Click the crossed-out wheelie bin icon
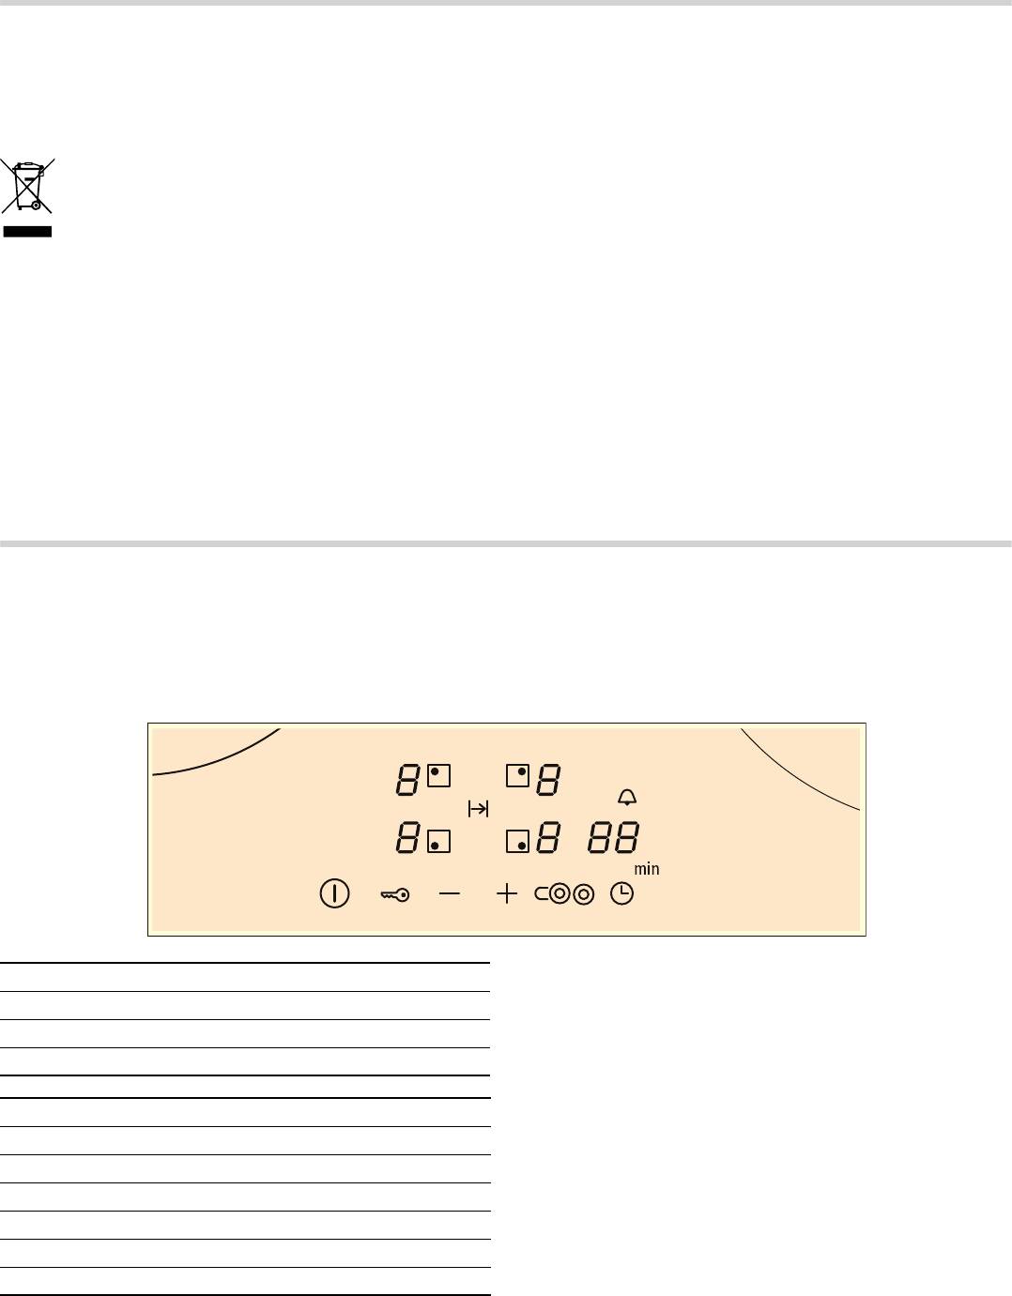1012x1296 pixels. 27,186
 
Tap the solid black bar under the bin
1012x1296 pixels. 27,232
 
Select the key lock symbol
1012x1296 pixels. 395,894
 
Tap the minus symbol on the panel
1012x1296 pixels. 450,893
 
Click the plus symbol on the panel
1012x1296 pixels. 507,894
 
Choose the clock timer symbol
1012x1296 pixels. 622,894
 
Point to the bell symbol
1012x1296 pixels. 627,798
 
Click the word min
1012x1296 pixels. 647,869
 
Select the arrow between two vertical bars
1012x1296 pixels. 478,809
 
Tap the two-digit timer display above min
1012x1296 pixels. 614,837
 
